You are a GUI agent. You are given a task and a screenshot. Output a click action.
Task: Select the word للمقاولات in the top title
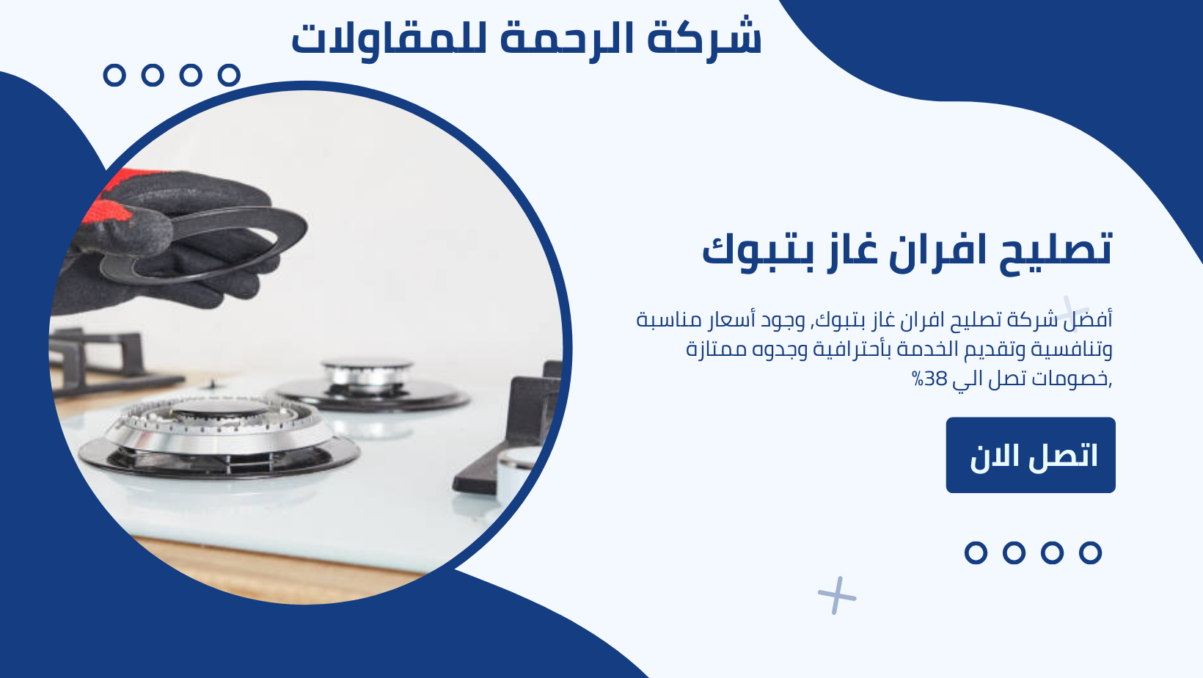tap(389, 40)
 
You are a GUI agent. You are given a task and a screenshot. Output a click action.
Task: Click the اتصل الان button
tap(1031, 455)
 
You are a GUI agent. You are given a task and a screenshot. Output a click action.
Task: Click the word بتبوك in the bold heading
tap(757, 252)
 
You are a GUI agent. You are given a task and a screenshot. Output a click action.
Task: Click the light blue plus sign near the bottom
tap(837, 595)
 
